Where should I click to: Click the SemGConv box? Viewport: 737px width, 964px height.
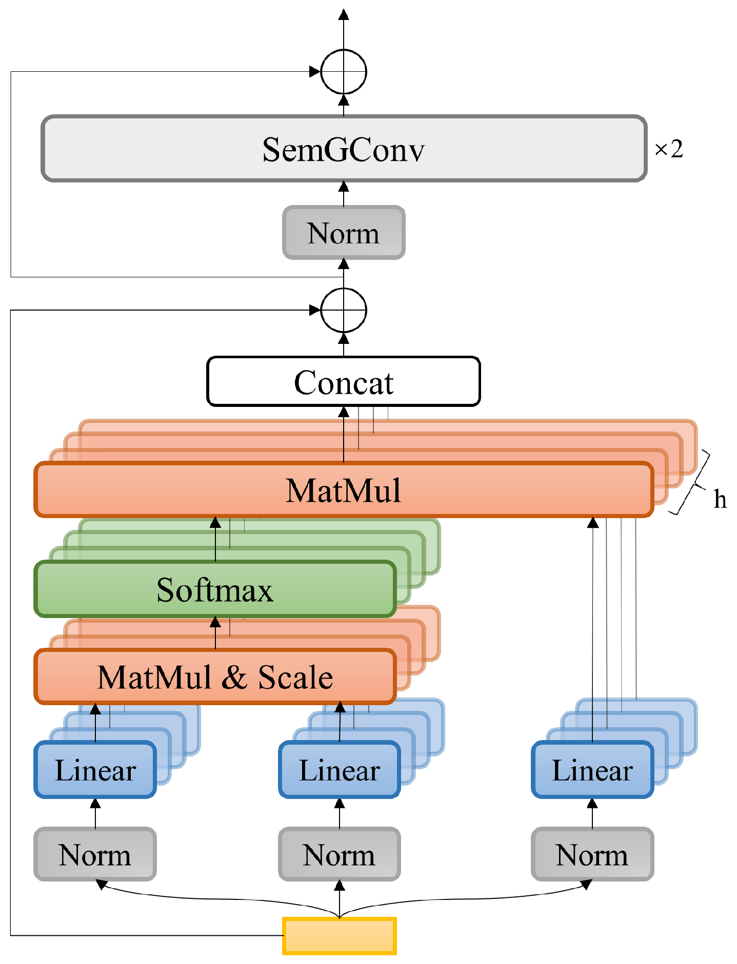point(344,149)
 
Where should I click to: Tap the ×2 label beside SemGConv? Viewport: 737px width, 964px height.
point(669,149)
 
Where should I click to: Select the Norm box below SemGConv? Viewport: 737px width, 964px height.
point(344,233)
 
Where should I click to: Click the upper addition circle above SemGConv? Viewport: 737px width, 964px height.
point(344,72)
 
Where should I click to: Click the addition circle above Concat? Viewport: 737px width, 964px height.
point(344,310)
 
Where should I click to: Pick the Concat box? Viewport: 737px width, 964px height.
point(344,382)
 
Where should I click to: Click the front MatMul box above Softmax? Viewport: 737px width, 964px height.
point(344,490)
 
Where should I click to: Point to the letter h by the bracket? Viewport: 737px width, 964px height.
point(720,499)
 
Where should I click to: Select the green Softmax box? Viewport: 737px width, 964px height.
point(215,589)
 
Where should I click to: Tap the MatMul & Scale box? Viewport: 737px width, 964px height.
point(215,677)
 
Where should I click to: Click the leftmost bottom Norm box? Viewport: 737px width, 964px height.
point(95,855)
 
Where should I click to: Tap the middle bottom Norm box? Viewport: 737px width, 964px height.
point(340,855)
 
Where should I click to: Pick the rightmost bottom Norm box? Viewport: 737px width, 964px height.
point(592,855)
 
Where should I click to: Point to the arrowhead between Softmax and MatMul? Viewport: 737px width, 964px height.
point(215,523)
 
